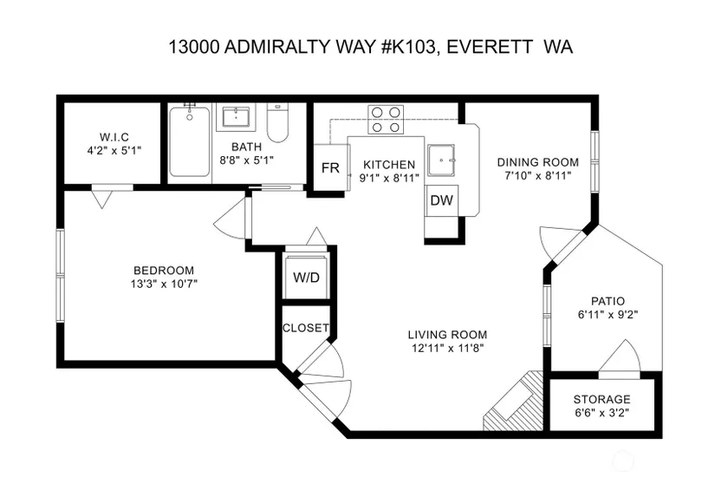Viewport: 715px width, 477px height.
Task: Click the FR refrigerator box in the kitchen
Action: [x=332, y=167]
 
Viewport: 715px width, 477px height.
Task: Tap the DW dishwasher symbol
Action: [x=441, y=200]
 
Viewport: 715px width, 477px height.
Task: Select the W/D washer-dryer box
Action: [x=307, y=277]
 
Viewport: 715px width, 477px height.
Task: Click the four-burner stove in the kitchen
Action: [x=386, y=119]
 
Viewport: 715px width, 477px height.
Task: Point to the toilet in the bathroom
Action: [x=277, y=122]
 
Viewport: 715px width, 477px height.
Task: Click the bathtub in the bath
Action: [x=190, y=141]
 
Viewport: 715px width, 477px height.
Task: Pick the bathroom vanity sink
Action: [x=236, y=117]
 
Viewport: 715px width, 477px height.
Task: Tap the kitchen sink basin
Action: [x=441, y=160]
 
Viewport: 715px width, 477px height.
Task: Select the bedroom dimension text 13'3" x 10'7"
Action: [x=164, y=284]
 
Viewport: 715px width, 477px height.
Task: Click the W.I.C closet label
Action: [x=114, y=136]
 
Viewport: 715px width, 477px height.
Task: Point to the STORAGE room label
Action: [x=602, y=400]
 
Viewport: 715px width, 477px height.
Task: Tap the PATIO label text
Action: [x=608, y=301]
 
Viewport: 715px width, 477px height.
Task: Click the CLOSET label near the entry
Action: [x=306, y=328]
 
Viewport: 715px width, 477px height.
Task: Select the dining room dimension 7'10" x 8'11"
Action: [x=538, y=176]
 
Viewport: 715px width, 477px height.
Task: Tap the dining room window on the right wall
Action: [x=595, y=162]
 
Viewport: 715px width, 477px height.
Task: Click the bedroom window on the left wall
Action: [x=60, y=275]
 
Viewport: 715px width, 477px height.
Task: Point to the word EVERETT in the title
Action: [x=490, y=47]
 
